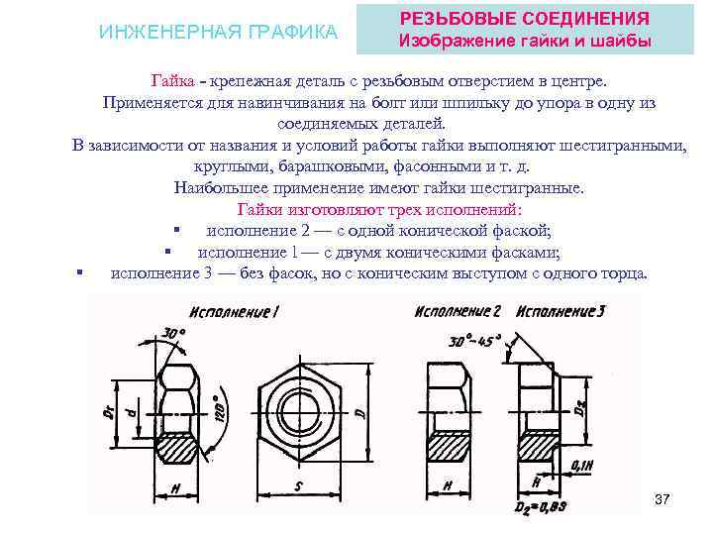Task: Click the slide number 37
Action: tap(662, 498)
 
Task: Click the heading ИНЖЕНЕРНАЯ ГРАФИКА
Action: tap(219, 33)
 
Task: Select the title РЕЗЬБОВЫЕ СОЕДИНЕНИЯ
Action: tap(524, 19)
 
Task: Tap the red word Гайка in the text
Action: tap(172, 79)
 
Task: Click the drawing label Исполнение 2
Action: tap(458, 311)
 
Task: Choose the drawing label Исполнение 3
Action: tap(560, 311)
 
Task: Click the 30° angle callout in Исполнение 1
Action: tap(174, 335)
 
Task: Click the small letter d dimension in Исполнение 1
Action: tap(132, 409)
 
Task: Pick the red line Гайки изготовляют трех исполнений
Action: tap(379, 210)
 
